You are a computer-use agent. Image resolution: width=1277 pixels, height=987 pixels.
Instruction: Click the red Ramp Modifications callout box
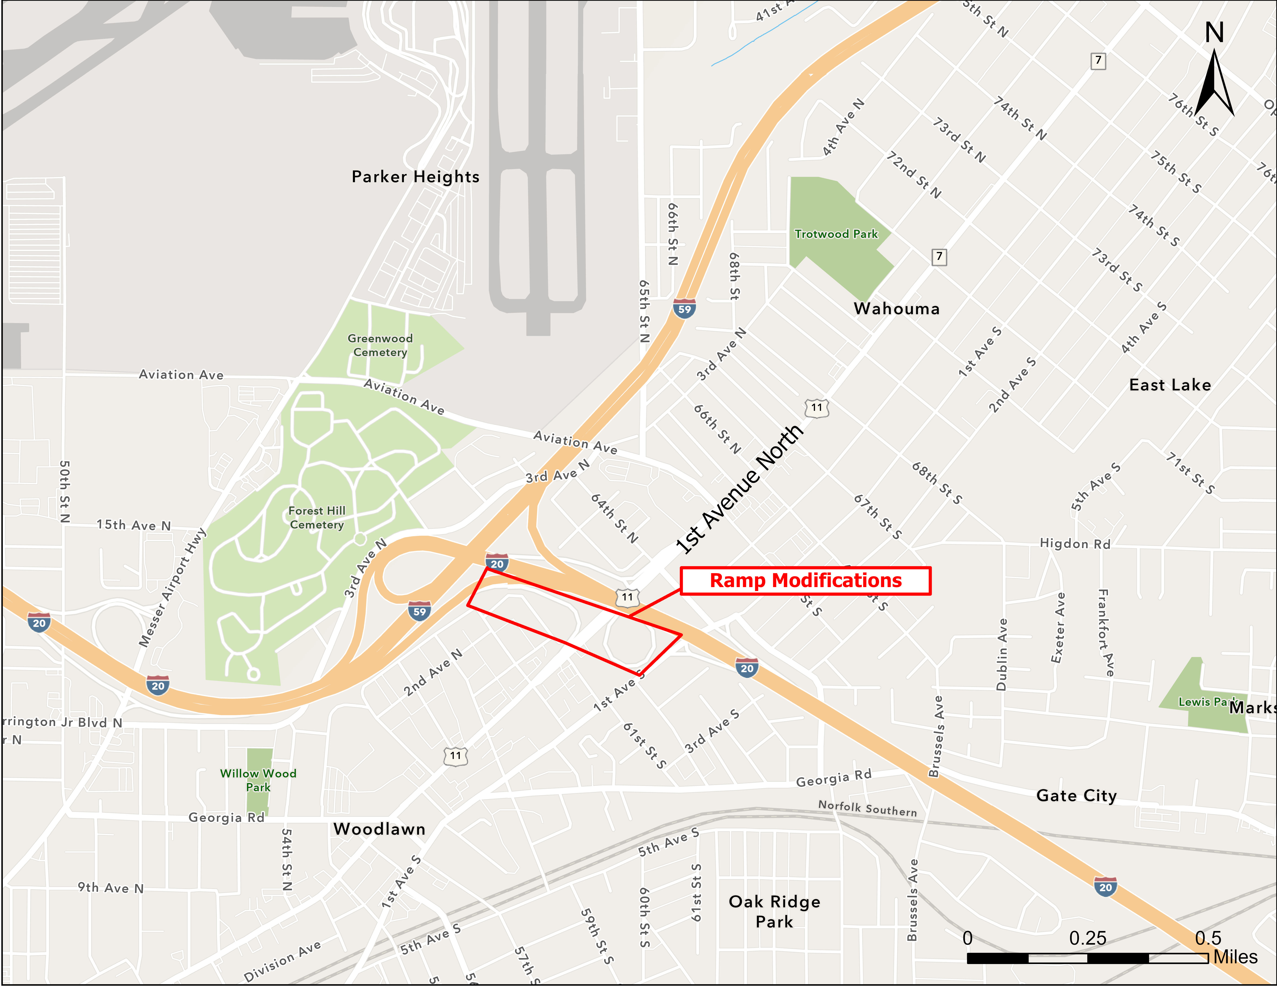click(x=806, y=581)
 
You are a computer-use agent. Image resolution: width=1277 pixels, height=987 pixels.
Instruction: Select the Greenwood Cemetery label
click(x=380, y=345)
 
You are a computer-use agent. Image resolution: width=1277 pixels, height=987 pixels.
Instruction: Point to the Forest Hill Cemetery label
click(x=317, y=517)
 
